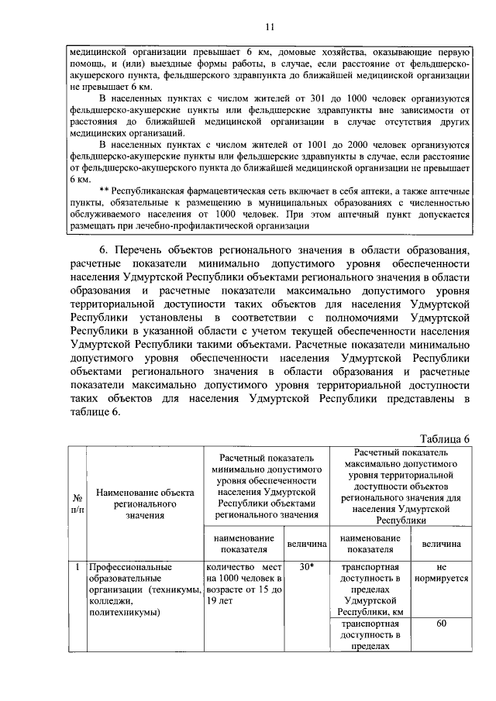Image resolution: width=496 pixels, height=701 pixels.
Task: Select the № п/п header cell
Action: [78, 502]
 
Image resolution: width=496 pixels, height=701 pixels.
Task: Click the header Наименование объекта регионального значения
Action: [145, 502]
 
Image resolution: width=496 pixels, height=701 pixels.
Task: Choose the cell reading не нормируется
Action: [440, 572]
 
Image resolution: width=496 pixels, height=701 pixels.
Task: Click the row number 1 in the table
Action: [78, 566]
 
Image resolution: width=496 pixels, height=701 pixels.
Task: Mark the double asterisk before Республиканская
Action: [105, 191]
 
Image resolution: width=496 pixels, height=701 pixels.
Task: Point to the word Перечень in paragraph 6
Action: [143, 249]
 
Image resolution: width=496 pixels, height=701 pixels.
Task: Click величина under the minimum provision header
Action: [306, 545]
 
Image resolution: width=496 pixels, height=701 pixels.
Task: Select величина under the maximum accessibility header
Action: [440, 545]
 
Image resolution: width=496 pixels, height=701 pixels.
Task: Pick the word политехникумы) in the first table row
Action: [125, 613]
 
